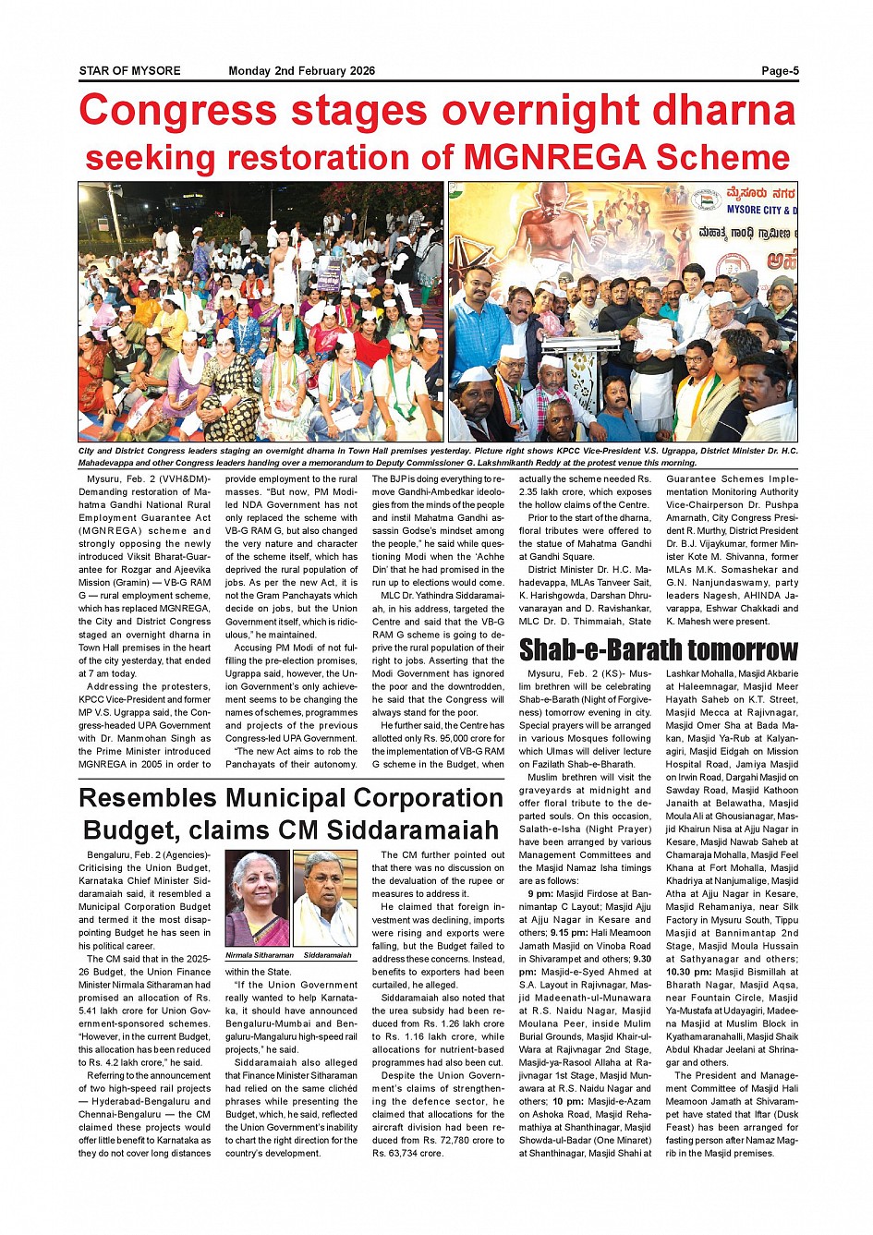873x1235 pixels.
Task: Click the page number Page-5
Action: (780, 71)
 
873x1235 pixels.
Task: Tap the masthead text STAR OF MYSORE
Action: (129, 71)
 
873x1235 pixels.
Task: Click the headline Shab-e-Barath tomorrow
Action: (658, 650)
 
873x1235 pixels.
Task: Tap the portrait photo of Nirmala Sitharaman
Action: (257, 898)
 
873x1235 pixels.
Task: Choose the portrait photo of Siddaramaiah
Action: (325, 898)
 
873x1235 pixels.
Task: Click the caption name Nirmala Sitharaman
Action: (259, 955)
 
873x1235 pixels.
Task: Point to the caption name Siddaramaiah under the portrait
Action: (327, 955)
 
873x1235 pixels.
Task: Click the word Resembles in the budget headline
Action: (148, 798)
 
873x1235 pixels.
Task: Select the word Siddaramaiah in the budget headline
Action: (412, 829)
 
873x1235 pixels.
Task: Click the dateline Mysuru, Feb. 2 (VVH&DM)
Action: (148, 479)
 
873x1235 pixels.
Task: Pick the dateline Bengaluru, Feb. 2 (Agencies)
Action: (148, 855)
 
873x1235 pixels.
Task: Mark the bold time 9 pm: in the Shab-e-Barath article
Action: (540, 894)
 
